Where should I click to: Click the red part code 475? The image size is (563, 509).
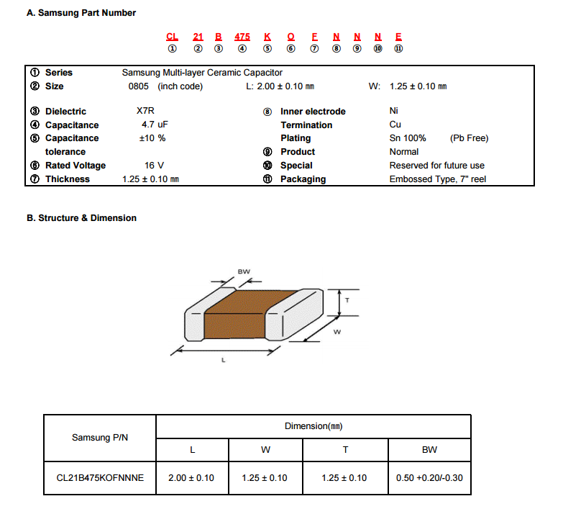[242, 37]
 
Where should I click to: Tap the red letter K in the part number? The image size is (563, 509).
[267, 37]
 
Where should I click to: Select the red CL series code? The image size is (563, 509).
[172, 37]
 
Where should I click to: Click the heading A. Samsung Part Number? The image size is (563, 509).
[81, 13]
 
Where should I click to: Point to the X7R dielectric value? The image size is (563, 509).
[145, 111]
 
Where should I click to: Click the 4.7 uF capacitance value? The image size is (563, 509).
[155, 125]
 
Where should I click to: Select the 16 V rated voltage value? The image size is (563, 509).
[154, 166]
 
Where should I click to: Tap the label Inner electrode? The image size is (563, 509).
[313, 112]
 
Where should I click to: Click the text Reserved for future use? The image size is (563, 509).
[437, 166]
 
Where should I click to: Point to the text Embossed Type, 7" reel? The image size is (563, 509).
[438, 179]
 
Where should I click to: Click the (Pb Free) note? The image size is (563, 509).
[470, 138]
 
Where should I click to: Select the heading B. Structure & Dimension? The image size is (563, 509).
[81, 218]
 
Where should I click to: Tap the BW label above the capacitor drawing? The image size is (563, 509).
[244, 271]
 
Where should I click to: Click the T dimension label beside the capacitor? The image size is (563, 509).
[347, 300]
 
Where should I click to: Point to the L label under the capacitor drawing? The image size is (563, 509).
[224, 360]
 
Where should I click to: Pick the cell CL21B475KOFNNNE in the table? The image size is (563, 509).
[100, 478]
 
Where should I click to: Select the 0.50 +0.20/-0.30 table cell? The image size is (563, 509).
[429, 478]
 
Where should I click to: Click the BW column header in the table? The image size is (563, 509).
[429, 450]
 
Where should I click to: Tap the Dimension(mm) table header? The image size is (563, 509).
[313, 426]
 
